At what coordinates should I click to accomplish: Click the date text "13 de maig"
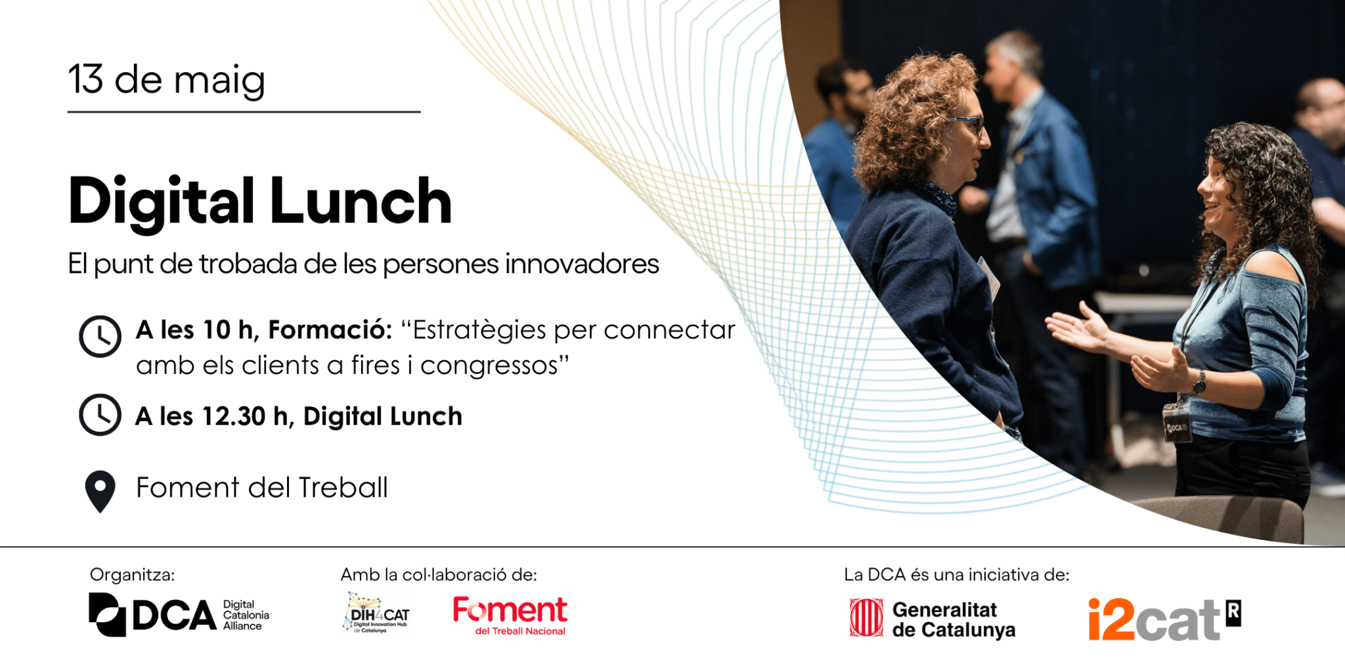167,81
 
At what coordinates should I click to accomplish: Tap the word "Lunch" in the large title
361,201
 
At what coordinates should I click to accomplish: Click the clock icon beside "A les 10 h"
100,337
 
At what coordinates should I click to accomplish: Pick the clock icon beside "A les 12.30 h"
100,415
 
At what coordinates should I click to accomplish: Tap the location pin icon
100,491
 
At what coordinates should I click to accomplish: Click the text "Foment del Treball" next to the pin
262,488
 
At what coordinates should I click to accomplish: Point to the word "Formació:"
330,329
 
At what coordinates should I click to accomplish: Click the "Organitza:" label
133,575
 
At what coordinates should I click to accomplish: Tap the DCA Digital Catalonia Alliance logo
179,615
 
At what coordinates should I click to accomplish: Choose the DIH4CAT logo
376,613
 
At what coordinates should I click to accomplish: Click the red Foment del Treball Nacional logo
510,616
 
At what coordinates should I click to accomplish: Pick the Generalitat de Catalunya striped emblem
866,618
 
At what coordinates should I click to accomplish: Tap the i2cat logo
1164,619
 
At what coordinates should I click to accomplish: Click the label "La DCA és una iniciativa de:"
957,575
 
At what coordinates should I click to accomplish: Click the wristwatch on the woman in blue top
1199,382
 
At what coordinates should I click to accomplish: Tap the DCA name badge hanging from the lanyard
1176,423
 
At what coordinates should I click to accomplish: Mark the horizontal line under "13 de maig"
244,112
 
